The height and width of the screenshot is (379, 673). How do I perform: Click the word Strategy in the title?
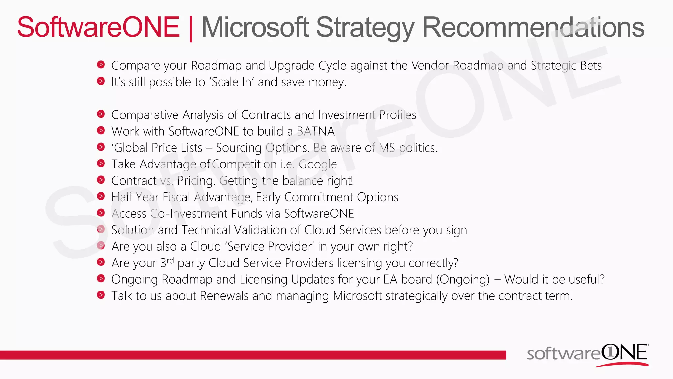pyautogui.click(x=365, y=28)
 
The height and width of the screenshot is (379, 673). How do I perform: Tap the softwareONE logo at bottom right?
pyautogui.click(x=588, y=355)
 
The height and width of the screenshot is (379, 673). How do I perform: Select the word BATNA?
pyautogui.click(x=315, y=131)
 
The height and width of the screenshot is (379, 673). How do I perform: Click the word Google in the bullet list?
pyautogui.click(x=317, y=164)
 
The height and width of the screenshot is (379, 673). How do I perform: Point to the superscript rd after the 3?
pyautogui.click(x=170, y=261)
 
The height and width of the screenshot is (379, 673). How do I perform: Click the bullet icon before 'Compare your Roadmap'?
pyautogui.click(x=101, y=64)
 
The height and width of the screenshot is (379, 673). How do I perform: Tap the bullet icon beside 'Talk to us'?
pyautogui.click(x=101, y=295)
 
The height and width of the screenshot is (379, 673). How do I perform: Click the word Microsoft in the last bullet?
pyautogui.click(x=357, y=296)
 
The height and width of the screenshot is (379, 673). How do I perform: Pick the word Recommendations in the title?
pyautogui.click(x=533, y=28)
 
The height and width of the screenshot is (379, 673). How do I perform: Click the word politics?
pyautogui.click(x=418, y=148)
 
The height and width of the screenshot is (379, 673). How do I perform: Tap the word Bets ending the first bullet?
pyautogui.click(x=591, y=65)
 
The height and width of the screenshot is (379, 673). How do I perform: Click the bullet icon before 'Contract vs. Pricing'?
pyautogui.click(x=101, y=180)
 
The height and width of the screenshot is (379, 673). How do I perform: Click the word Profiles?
pyautogui.click(x=398, y=115)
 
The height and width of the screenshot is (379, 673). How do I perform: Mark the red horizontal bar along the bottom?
pyautogui.click(x=253, y=355)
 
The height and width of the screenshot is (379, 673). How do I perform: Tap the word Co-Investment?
pyautogui.click(x=206, y=214)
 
